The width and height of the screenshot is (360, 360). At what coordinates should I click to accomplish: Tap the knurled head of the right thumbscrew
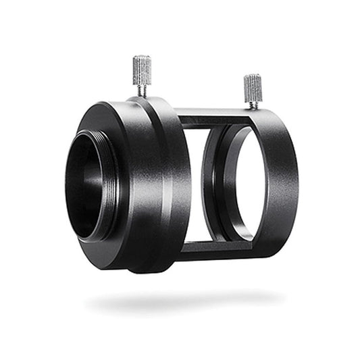pyautogui.click(x=253, y=86)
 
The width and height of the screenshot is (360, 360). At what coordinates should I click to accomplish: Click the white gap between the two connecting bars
pyautogui.click(x=192, y=182)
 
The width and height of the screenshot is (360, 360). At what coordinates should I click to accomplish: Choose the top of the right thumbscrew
pyautogui.click(x=253, y=76)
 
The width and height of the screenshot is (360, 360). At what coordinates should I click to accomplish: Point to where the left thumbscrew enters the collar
pyautogui.click(x=143, y=97)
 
